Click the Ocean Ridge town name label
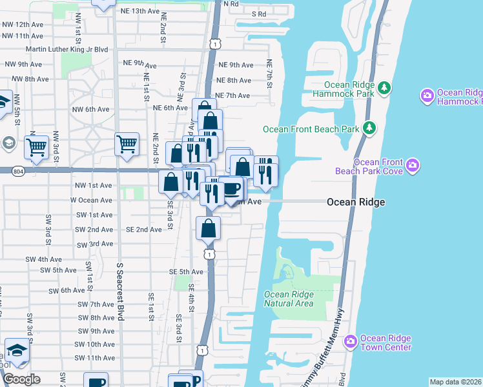[x=356, y=202]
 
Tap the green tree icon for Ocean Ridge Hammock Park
[x=384, y=87]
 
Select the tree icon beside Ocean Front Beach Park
[x=369, y=128]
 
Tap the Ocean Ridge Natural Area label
[x=289, y=299]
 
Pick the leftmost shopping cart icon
[x=37, y=148]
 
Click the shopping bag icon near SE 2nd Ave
[x=209, y=228]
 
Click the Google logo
[x=22, y=379]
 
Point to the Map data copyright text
[x=455, y=382]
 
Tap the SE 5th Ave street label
[x=187, y=272]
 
